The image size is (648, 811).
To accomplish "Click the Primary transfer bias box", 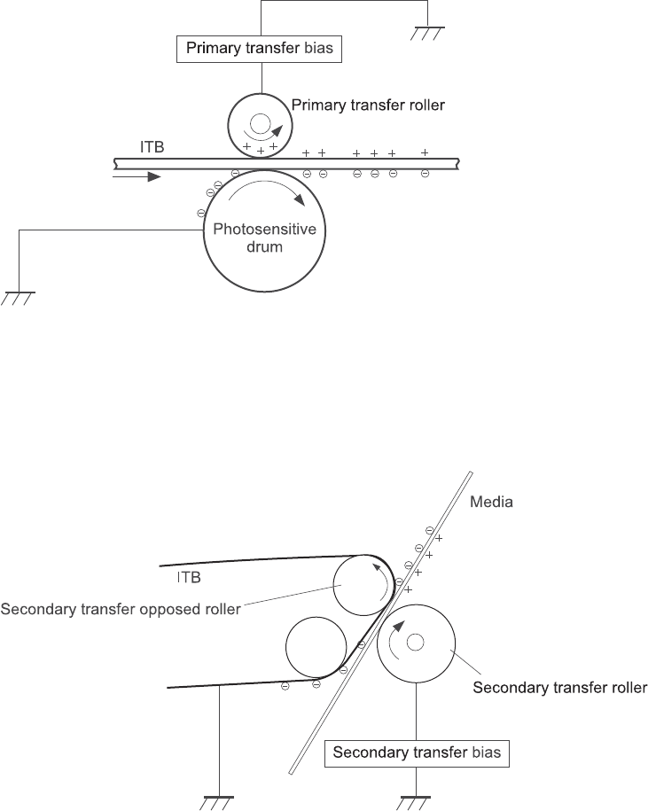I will [x=260, y=49].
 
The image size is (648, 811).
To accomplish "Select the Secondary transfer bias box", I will [x=417, y=753].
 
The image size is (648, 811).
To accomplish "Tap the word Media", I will [x=491, y=501].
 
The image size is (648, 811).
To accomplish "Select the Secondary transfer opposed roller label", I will [x=121, y=609].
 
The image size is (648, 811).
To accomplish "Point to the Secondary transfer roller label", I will [x=560, y=686].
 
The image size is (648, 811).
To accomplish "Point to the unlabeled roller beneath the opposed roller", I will [x=316, y=646].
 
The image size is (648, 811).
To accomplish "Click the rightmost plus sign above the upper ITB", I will [x=425, y=153].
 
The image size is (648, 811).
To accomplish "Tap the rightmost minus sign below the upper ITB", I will [x=425, y=174].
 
